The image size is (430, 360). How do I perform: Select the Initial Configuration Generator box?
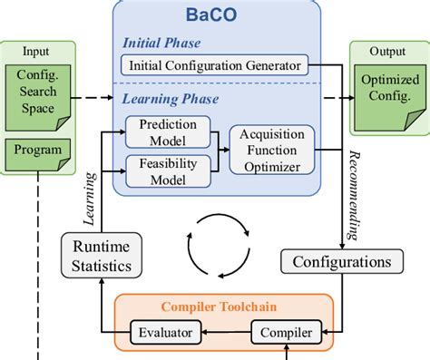coord(215,64)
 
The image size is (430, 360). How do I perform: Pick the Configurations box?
coord(340,262)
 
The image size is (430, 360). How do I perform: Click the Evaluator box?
coord(165,333)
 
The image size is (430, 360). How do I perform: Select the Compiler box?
coord(285,333)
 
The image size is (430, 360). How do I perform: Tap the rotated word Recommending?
coord(353,195)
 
